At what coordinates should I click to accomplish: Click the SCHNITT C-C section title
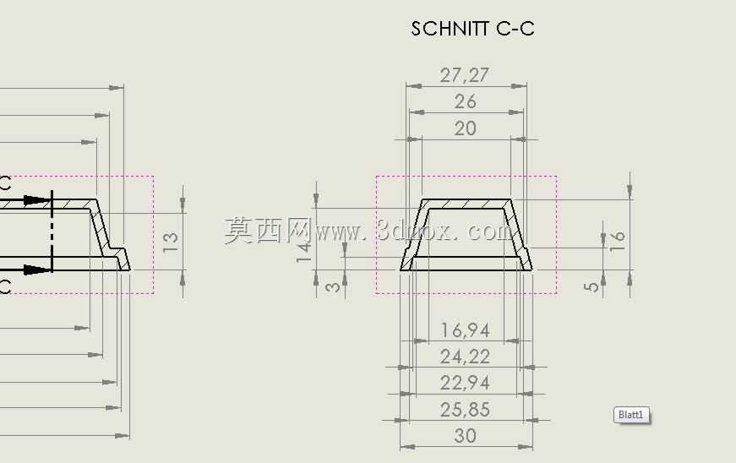[472, 29]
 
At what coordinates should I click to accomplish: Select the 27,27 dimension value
[465, 75]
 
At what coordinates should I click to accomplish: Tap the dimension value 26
[465, 101]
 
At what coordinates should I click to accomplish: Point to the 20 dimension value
[465, 128]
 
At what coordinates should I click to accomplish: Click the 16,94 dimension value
[465, 330]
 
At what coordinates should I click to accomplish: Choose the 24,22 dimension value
[465, 357]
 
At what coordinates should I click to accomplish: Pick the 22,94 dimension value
[465, 384]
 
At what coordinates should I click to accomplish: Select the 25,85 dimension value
[465, 410]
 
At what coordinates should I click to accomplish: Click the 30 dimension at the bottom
[465, 436]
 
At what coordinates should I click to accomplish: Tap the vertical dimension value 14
[303, 253]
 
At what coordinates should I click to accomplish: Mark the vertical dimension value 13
[170, 242]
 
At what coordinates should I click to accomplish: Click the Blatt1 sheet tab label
[631, 415]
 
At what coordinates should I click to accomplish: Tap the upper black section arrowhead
[36, 200]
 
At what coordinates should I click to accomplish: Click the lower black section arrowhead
[36, 270]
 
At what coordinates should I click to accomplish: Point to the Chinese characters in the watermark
[268, 231]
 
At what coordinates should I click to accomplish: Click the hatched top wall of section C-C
[467, 204]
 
